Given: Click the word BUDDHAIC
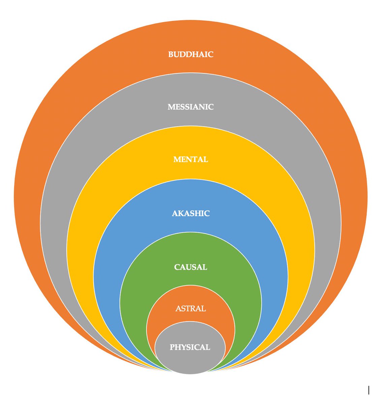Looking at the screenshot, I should pos(191,55).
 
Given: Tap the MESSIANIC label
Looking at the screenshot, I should pos(191,107).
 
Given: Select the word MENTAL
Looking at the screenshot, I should pos(191,160).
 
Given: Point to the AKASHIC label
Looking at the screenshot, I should pos(191,213).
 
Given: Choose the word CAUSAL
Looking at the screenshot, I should pos(191,267).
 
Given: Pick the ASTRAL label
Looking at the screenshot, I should pos(191,308).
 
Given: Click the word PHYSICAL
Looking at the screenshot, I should pos(190,347).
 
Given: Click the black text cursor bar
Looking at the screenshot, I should pos(369,390).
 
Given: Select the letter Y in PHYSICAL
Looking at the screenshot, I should pos(184,347).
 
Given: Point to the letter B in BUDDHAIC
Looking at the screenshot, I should pos(171,55).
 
